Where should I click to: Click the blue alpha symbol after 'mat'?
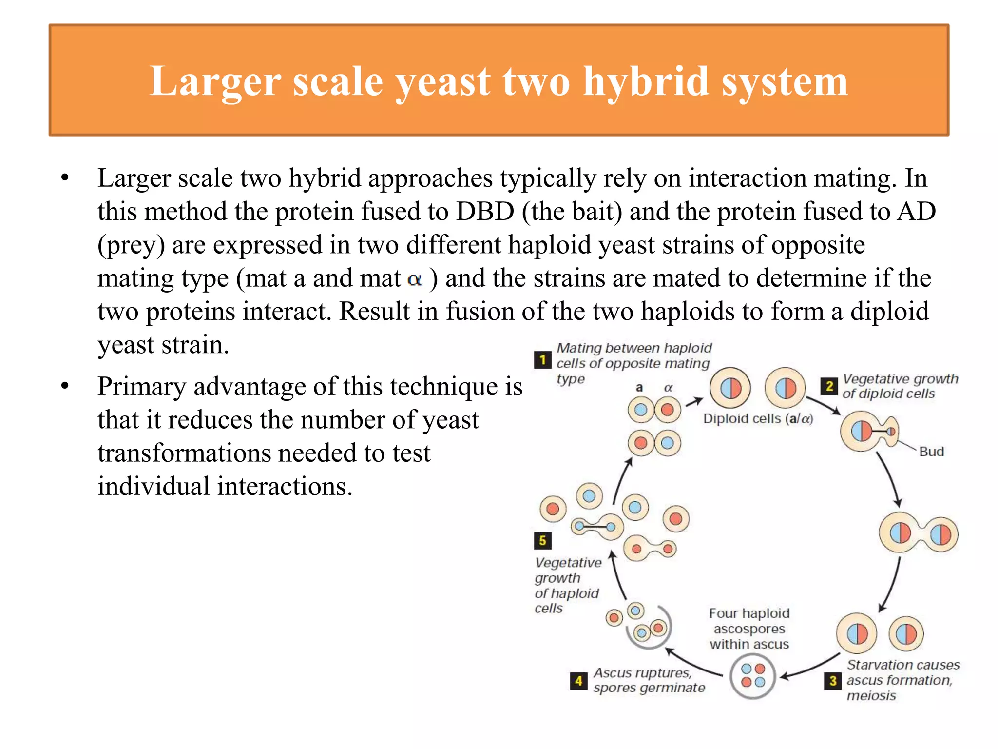[x=415, y=280]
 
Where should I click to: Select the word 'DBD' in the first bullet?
[x=485, y=212]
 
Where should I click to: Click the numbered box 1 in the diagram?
[x=542, y=360]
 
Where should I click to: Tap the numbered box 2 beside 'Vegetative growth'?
[x=829, y=386]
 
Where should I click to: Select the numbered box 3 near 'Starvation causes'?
[x=833, y=681]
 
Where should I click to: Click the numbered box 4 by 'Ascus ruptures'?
[x=578, y=681]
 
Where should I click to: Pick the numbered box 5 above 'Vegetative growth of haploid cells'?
[x=542, y=540]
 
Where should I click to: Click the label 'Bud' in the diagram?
[x=931, y=452]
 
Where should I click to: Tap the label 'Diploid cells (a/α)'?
[x=758, y=419]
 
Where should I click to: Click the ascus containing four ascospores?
[x=753, y=676]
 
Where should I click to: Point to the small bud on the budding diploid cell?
[x=890, y=432]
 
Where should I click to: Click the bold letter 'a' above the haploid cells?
[x=639, y=388]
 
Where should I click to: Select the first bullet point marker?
[x=65, y=178]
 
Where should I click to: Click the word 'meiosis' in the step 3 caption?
[x=871, y=696]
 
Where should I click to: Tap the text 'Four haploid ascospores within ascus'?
[x=749, y=629]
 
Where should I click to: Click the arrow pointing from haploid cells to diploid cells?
[x=694, y=402]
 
